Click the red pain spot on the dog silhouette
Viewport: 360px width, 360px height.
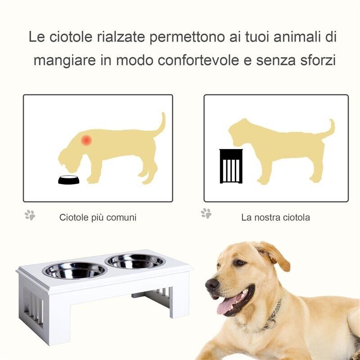point(86,140)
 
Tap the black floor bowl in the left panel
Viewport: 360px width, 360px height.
point(68,180)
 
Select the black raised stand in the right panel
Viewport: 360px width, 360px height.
point(231,166)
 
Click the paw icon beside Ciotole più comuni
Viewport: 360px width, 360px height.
point(30,215)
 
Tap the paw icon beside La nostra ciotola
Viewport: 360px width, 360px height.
point(206,213)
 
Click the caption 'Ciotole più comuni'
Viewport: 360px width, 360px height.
point(98,218)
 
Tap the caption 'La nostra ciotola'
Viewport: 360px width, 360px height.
point(275,218)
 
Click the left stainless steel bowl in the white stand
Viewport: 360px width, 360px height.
point(74,270)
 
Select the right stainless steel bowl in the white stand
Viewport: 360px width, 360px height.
point(135,261)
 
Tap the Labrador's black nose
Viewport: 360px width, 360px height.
point(211,284)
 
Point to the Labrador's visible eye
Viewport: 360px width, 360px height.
point(239,263)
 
